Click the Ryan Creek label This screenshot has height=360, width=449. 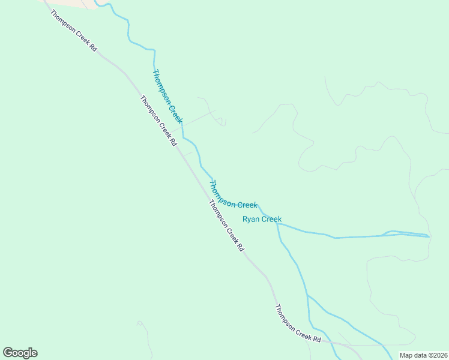point(262,219)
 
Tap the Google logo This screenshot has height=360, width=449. point(20,353)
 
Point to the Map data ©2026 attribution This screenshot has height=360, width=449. point(423,355)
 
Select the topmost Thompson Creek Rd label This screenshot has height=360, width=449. point(74,31)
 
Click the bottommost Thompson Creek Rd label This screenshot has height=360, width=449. point(298,325)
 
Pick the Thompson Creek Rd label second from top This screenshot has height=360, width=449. point(158,122)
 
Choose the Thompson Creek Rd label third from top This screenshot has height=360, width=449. point(227,226)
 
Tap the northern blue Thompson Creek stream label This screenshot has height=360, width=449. point(167,97)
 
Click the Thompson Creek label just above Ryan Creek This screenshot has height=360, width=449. point(233,194)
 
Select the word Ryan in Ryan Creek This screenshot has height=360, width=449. point(251,219)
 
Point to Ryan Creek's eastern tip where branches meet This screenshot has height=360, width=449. point(429,236)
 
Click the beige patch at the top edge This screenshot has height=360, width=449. point(69,4)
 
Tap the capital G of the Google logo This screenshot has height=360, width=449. point(8,353)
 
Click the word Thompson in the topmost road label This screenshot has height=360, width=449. point(67,25)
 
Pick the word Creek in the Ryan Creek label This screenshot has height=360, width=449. point(271,219)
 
